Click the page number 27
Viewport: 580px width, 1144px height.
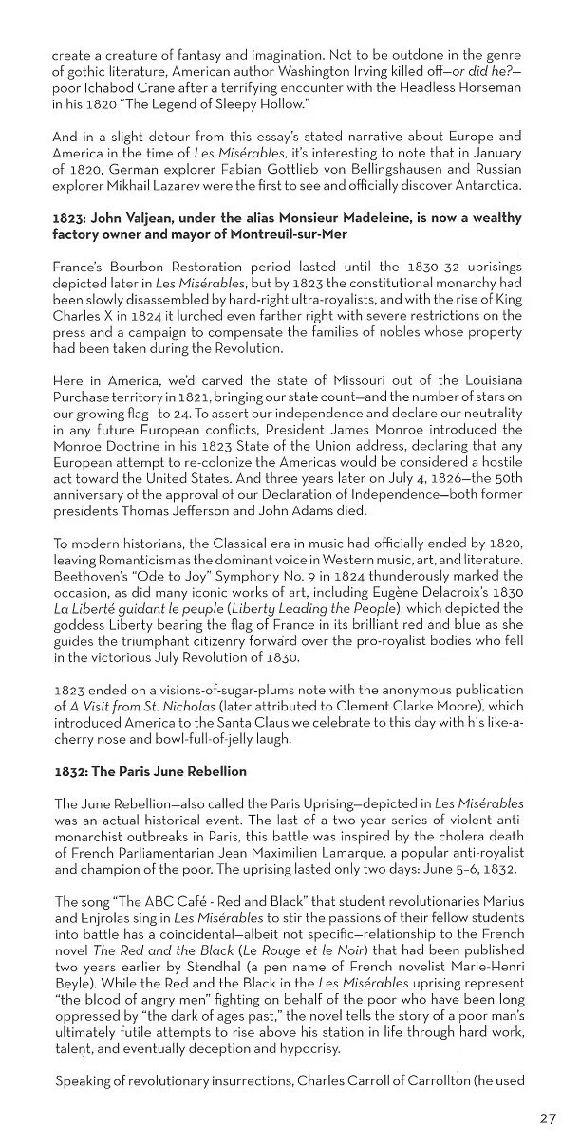coord(548,1118)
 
